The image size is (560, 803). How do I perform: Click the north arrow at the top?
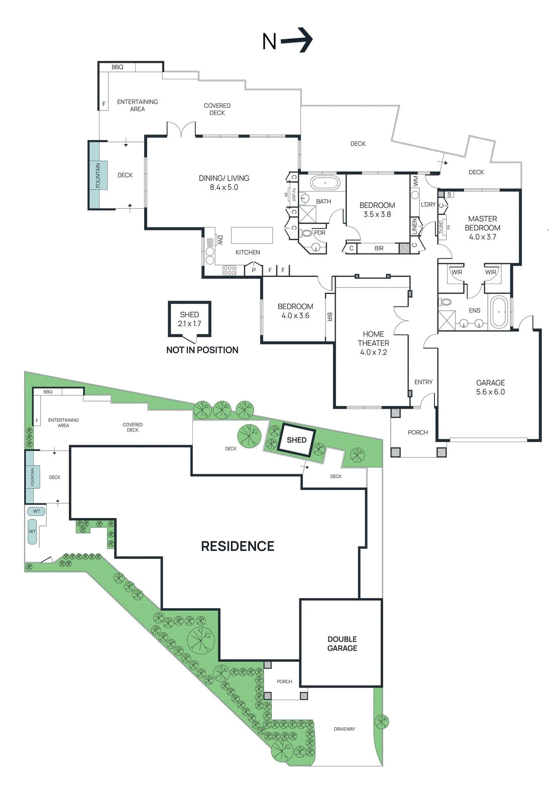coord(296,40)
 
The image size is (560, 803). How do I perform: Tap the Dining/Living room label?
coord(224,183)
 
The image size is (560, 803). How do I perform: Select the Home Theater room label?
coord(373,343)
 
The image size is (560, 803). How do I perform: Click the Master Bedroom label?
coord(482,228)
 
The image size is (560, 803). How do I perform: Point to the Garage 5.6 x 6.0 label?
coord(490,387)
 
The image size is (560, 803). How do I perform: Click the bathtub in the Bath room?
coord(325,183)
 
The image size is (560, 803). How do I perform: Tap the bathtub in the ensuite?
coord(499,312)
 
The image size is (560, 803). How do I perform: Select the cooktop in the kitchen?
coord(230,270)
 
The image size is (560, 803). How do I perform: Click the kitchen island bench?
coord(252,235)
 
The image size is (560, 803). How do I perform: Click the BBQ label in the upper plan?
coord(118,67)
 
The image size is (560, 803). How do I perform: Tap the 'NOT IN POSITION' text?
coord(202,350)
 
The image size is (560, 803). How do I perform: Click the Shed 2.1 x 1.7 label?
coord(189,319)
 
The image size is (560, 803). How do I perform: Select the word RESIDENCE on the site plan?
coord(238,546)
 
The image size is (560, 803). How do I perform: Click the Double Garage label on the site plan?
coord(342,643)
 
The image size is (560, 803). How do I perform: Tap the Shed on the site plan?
coord(296,440)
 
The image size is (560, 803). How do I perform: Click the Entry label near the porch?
coord(423,382)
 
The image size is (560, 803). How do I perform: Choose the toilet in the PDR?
coord(306,233)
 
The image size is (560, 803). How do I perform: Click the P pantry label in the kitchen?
coord(254,271)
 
